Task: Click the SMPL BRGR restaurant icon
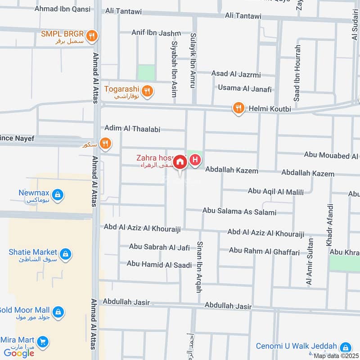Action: [x=92, y=36]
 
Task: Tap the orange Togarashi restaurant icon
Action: [x=146, y=92]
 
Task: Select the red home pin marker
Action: [x=180, y=162]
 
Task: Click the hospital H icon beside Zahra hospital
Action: [x=195, y=160]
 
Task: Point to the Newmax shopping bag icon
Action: [x=57, y=195]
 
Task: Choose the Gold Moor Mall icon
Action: [x=58, y=311]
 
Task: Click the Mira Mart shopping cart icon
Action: [x=43, y=342]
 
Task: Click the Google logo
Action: [x=19, y=353]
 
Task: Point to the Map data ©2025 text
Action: [x=336, y=356]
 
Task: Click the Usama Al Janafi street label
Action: [x=244, y=89]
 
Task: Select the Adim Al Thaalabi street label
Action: [x=132, y=129]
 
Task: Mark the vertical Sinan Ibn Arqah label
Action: [x=199, y=267]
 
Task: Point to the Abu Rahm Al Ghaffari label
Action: [x=264, y=252]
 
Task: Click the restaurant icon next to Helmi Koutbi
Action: [x=238, y=108]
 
